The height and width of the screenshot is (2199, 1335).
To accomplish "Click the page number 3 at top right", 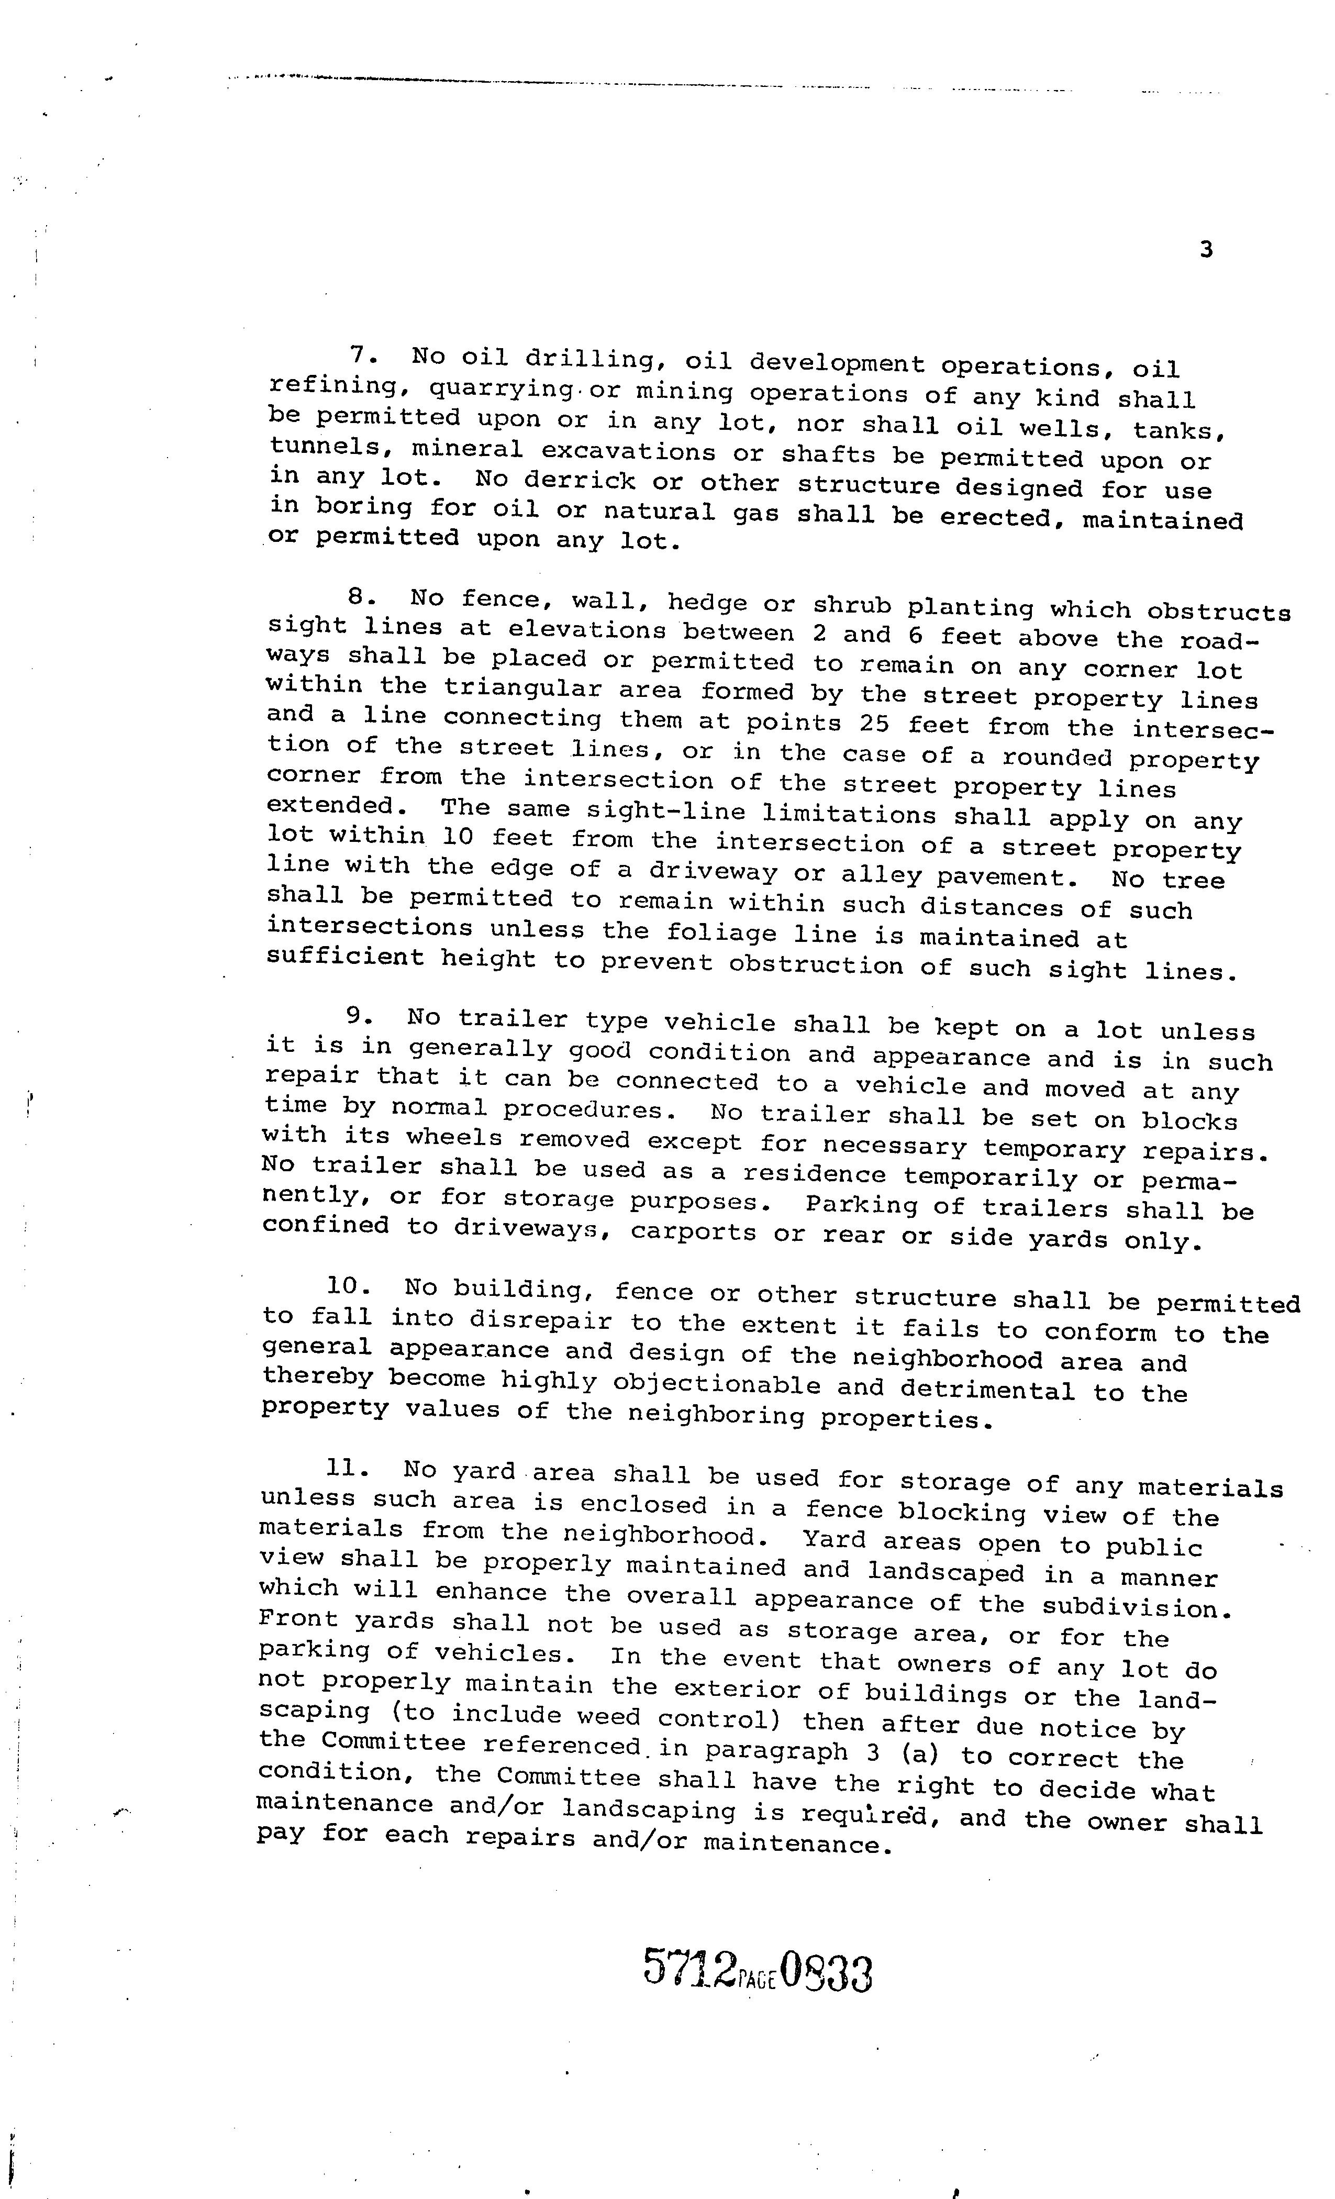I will click(x=1206, y=250).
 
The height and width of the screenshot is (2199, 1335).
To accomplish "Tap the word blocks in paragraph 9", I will click(x=1189, y=1121).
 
